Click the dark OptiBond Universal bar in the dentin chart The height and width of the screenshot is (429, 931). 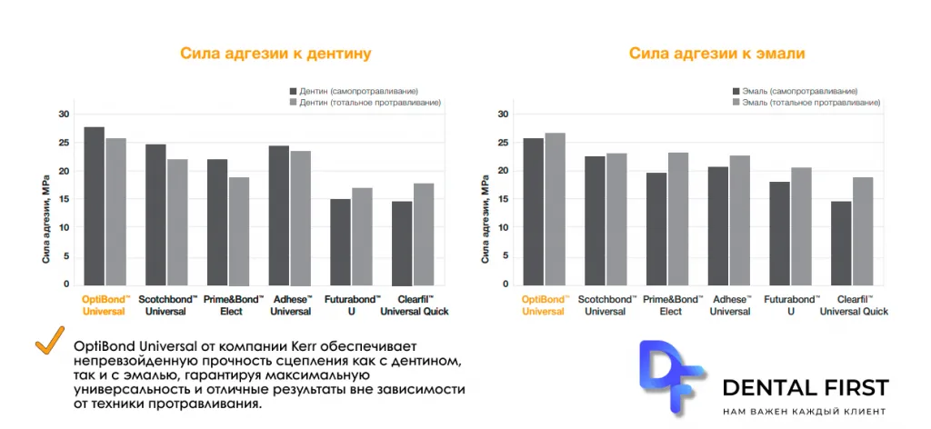95,206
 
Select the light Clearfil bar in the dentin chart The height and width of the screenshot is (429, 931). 424,234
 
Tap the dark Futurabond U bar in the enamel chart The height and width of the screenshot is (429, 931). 779,234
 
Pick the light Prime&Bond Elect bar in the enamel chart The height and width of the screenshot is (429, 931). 677,219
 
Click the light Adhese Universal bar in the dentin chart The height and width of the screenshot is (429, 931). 300,218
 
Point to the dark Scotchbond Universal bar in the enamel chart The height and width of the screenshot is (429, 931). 595,221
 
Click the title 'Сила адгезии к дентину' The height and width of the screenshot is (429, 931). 275,54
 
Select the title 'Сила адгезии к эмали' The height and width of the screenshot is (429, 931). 717,54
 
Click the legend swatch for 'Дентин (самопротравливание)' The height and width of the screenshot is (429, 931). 293,92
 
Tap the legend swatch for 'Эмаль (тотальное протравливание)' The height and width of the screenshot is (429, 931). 736,103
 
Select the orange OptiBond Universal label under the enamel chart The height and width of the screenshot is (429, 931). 544,305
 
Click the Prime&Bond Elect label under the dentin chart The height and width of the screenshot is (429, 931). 230,305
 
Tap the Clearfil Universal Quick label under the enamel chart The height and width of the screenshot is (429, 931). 854,305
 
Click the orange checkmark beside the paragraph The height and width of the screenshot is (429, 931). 50,341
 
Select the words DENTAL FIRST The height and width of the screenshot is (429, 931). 806,388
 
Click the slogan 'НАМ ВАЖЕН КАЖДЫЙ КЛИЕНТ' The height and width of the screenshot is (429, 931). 805,411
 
